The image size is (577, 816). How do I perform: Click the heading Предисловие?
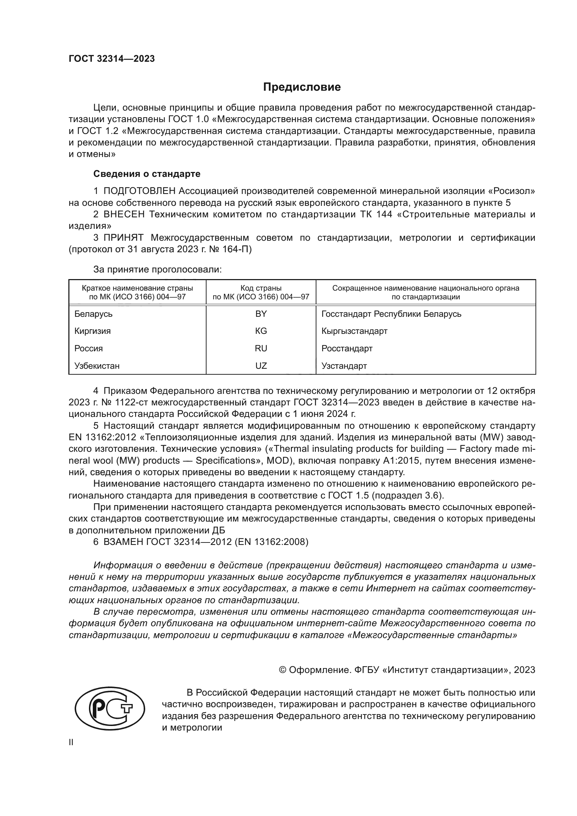click(302, 87)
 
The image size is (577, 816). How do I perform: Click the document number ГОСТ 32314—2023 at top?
click(112, 59)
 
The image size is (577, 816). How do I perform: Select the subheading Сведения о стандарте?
click(147, 174)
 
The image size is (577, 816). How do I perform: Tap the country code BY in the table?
click(261, 314)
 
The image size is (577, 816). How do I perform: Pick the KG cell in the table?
click(261, 331)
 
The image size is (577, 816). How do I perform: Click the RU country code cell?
click(261, 348)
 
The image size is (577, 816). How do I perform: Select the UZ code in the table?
click(261, 366)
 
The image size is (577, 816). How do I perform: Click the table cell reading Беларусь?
click(93, 314)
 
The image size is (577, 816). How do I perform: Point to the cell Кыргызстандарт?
click(354, 331)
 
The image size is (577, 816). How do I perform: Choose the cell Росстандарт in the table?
click(347, 348)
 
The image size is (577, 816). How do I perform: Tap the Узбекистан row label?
click(97, 366)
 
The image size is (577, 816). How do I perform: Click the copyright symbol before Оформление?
click(283, 670)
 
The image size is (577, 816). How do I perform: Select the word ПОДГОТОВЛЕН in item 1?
click(139, 191)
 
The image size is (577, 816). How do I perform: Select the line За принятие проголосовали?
click(157, 269)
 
